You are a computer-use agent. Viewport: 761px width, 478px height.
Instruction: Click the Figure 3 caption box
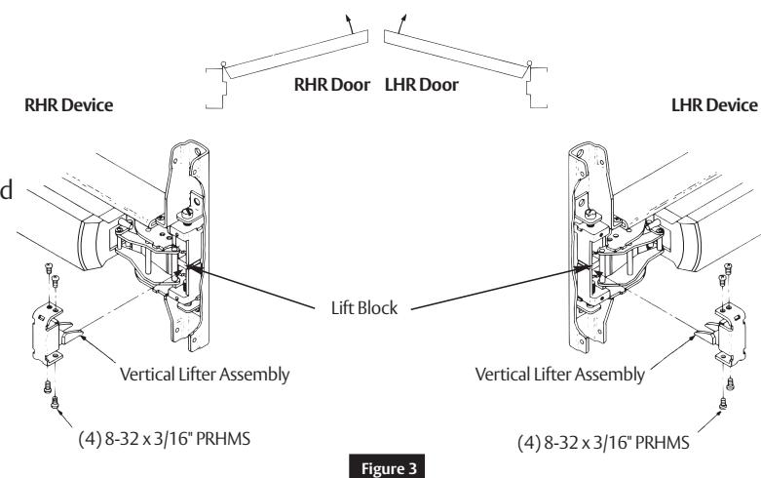(x=387, y=467)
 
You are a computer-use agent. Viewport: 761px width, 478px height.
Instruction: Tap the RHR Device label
(x=69, y=105)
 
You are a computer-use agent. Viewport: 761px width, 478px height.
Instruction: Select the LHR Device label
(x=714, y=105)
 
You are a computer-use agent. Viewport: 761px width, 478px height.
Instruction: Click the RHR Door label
(x=332, y=85)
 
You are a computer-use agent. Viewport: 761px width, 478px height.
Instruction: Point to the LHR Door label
(x=421, y=85)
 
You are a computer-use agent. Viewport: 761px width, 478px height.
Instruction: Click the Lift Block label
(x=364, y=308)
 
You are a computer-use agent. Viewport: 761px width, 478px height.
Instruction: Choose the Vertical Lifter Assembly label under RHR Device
(x=205, y=375)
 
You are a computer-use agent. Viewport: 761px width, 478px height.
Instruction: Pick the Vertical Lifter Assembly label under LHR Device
(x=559, y=375)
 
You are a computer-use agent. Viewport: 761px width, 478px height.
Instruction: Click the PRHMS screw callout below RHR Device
(x=165, y=439)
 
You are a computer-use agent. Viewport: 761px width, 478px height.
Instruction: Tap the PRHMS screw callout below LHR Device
(x=603, y=443)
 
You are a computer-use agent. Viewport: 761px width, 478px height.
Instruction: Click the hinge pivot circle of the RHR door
(x=223, y=64)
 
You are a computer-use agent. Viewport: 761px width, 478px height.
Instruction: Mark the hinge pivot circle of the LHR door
(x=529, y=63)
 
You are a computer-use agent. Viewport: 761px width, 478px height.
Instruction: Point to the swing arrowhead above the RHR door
(x=348, y=18)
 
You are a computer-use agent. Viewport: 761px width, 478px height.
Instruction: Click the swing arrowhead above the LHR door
(x=403, y=18)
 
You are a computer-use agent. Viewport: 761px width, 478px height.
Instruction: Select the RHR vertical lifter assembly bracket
(x=52, y=334)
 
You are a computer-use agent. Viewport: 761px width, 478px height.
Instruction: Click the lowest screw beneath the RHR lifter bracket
(x=55, y=402)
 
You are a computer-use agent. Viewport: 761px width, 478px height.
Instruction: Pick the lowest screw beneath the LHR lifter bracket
(x=723, y=403)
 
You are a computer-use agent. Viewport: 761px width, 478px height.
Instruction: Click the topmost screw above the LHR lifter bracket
(x=728, y=268)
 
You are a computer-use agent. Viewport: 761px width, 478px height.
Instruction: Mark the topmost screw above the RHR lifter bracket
(x=48, y=267)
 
